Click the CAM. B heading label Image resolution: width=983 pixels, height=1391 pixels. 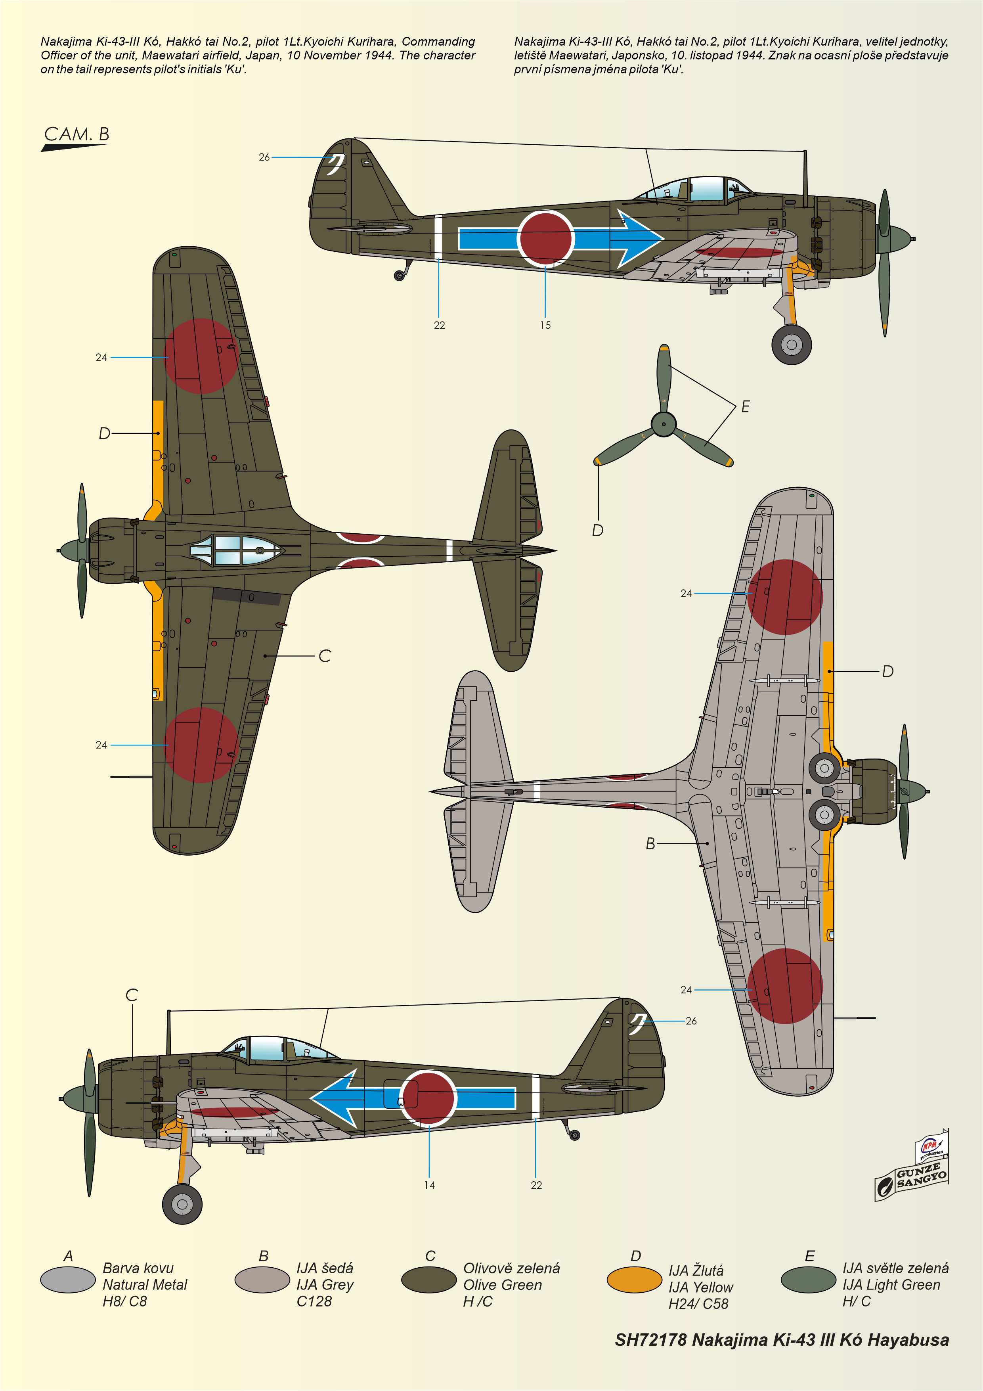(77, 134)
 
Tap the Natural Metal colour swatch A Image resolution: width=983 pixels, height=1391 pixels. (68, 1280)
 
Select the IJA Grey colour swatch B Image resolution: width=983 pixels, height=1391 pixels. (262, 1280)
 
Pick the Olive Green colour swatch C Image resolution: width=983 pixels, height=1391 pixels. (429, 1280)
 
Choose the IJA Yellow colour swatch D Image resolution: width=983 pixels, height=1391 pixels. (634, 1280)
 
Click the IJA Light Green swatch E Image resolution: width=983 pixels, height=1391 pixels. (809, 1280)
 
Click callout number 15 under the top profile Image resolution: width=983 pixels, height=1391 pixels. (545, 325)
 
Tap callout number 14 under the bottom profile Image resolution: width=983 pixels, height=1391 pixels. (429, 1185)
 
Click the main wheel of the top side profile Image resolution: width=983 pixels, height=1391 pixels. (792, 345)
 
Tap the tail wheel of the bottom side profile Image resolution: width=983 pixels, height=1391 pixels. (575, 1135)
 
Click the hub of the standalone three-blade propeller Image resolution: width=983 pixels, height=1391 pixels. (664, 424)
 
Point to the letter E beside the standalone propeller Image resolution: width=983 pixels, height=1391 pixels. (746, 406)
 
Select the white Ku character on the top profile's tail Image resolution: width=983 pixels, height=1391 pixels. (335, 164)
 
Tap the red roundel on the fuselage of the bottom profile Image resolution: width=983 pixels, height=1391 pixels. (428, 1098)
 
